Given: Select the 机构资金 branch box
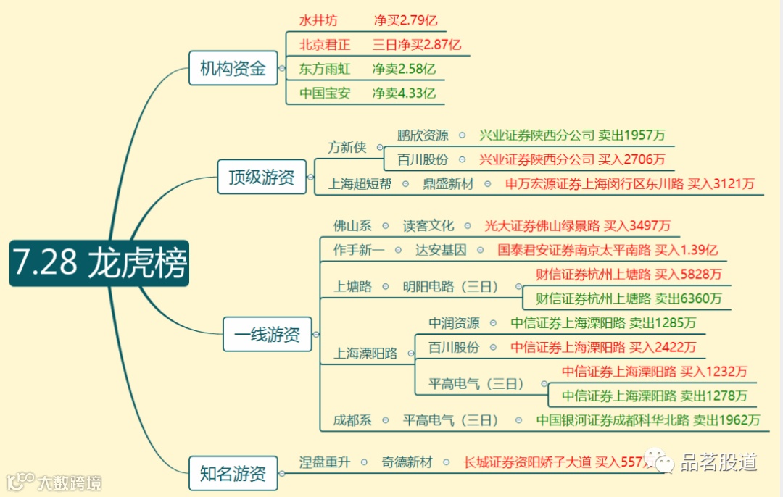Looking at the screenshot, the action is point(233,69).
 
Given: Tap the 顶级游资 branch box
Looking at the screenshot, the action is point(262,177).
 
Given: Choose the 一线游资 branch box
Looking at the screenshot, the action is point(267,334).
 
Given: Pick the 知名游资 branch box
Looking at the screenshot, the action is point(233,474).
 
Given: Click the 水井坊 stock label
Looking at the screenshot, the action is point(318,20).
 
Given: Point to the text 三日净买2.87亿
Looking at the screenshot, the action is point(417,44).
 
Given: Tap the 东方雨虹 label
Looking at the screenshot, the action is point(325,69).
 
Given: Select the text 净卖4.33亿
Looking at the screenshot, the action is point(404,93).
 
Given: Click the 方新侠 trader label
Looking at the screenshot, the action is point(347,147).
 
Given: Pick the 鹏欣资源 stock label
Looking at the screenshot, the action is point(423,135).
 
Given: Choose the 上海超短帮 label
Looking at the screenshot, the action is point(360,183).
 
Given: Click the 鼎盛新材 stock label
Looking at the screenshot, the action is point(448,183).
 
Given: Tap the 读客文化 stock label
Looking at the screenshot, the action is point(428,226).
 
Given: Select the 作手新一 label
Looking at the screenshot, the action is point(358,250).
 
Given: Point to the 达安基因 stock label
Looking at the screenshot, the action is point(441,250).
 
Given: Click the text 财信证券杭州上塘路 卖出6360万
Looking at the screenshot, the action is point(629,298).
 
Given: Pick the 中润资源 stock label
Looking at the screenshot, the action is point(454,323).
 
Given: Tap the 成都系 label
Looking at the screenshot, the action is point(352,419).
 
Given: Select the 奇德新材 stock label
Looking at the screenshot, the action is point(407,461).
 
